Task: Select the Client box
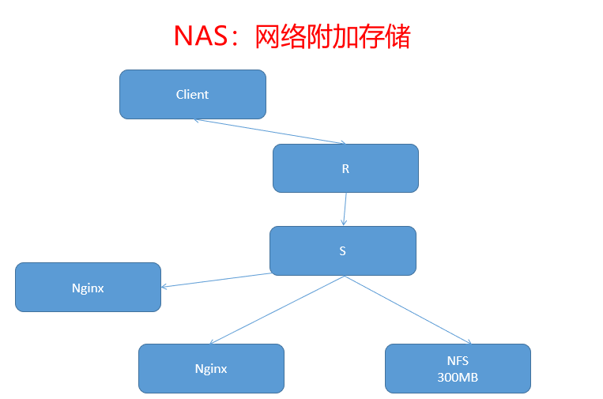tap(192, 95)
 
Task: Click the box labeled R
tap(345, 168)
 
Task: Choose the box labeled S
tap(342, 251)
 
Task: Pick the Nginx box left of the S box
tap(88, 288)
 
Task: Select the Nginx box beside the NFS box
tap(211, 369)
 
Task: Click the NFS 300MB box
tap(458, 369)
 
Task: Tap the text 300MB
tap(458, 378)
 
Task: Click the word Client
tap(192, 95)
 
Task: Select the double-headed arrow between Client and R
tap(269, 131)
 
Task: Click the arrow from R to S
tap(345, 209)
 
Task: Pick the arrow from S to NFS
tap(407, 310)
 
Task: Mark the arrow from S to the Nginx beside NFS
tap(277, 310)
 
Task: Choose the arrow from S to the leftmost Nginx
tap(215, 280)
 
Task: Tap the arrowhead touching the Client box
tap(195, 120)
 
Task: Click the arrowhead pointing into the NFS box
tap(469, 342)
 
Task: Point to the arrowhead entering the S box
tap(343, 224)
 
